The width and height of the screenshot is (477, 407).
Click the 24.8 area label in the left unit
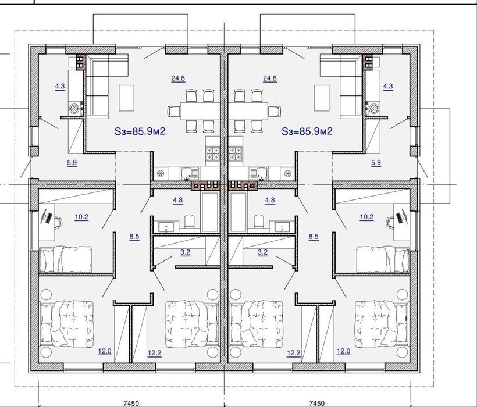click(x=178, y=78)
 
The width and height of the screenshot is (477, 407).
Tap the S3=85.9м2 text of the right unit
click(x=307, y=131)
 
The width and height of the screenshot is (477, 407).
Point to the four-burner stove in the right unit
click(x=236, y=153)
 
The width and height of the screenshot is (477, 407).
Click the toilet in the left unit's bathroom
click(x=189, y=222)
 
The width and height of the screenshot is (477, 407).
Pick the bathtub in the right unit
click(x=238, y=212)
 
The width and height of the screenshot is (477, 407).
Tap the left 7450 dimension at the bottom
click(x=131, y=403)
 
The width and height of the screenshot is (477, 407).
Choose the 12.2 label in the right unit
click(x=294, y=353)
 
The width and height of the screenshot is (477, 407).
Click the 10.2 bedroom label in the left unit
click(x=81, y=217)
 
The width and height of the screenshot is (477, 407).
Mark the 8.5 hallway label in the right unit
click(x=314, y=237)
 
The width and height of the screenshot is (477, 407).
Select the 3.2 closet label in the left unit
click(x=185, y=252)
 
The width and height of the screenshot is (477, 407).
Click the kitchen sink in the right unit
click(x=258, y=174)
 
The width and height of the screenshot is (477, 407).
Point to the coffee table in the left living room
click(x=127, y=98)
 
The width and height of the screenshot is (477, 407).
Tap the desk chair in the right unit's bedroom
click(x=390, y=222)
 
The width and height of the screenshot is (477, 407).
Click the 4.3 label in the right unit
click(x=388, y=86)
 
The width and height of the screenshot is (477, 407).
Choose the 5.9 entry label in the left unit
click(x=72, y=163)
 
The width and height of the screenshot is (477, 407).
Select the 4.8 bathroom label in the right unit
click(x=270, y=200)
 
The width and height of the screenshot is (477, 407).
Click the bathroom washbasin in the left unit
click(x=165, y=227)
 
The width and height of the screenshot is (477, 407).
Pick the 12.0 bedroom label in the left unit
click(x=105, y=351)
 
